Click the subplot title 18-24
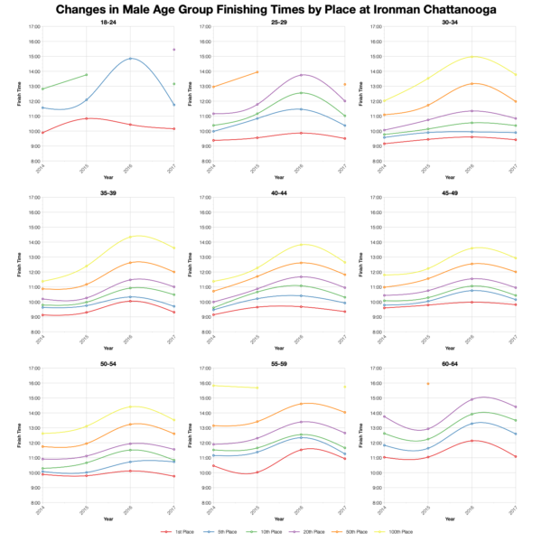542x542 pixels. pyautogui.click(x=108, y=22)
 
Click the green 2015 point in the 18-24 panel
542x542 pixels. pyautogui.click(x=87, y=75)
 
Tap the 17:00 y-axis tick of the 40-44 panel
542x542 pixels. pyautogui.click(x=204, y=197)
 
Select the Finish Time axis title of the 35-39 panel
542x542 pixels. pyautogui.click(x=17, y=265)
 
